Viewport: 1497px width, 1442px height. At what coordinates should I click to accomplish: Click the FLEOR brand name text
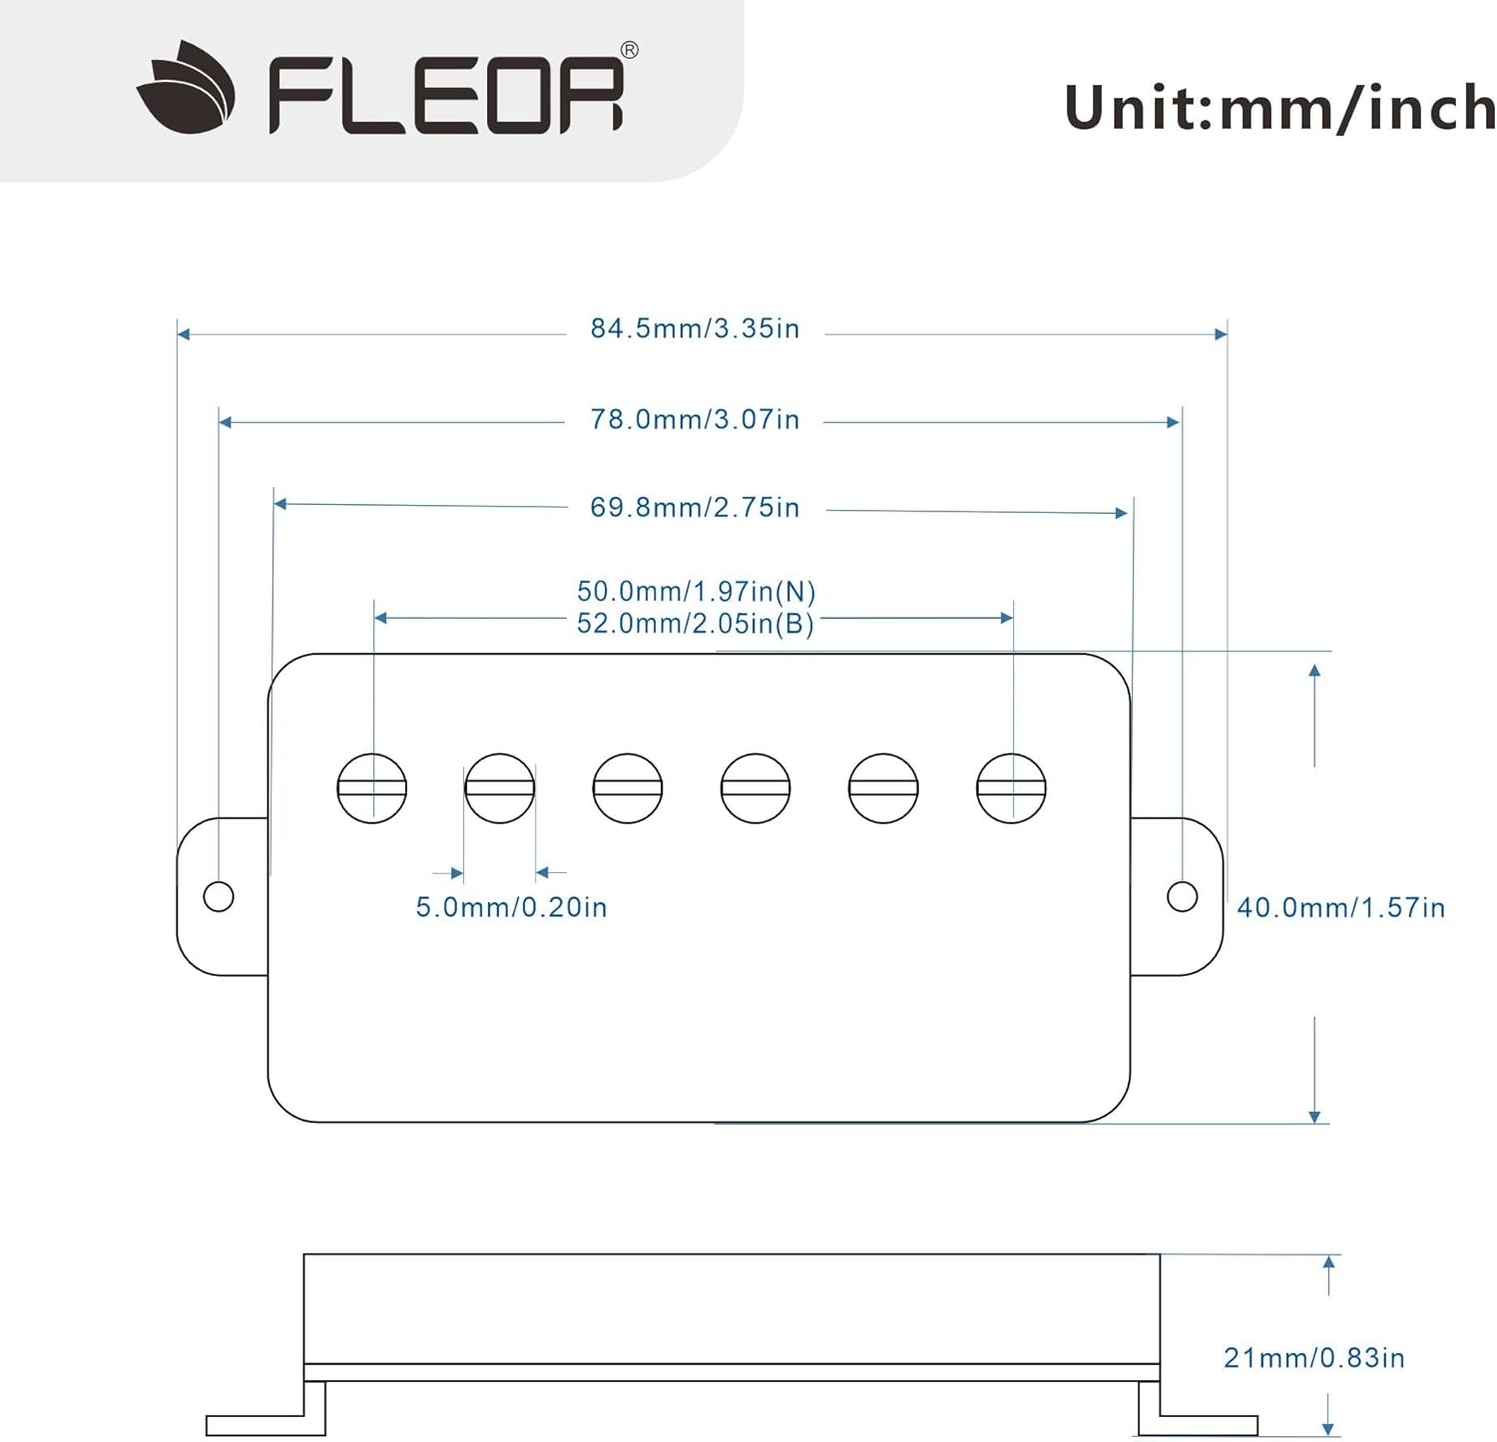pos(445,95)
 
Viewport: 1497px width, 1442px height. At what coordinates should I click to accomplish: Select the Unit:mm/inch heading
pos(1280,108)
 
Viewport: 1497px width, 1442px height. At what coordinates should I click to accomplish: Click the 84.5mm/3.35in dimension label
pos(695,328)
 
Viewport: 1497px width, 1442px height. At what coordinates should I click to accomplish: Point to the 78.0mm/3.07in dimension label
pos(695,419)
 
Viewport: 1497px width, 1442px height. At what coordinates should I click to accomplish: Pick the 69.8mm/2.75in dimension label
pos(695,507)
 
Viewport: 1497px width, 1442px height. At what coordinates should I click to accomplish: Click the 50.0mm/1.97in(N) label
pos(697,592)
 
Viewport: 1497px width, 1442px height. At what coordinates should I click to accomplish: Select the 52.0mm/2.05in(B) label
pos(696,624)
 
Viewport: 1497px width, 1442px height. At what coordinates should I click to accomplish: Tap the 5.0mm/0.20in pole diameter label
pos(511,907)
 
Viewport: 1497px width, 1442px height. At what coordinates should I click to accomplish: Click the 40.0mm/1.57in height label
pos(1341,907)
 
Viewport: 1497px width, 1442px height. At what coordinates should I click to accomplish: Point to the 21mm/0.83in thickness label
pos(1314,1357)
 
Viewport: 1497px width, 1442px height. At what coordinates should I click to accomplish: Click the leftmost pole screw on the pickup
pos(372,788)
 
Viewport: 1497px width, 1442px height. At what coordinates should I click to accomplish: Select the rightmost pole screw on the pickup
pos(1011,788)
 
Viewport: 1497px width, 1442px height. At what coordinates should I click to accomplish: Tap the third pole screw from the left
pos(628,788)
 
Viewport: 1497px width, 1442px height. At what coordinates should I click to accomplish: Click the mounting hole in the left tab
pos(219,896)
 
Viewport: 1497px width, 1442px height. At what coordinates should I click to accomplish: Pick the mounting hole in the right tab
pos(1183,896)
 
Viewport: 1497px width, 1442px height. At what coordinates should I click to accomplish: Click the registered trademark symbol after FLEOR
pos(630,50)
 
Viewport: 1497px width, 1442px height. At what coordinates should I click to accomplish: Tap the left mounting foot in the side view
pos(265,1409)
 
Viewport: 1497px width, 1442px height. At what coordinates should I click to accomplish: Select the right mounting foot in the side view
pos(1198,1409)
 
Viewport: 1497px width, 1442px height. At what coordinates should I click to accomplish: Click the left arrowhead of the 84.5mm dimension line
pos(184,334)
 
